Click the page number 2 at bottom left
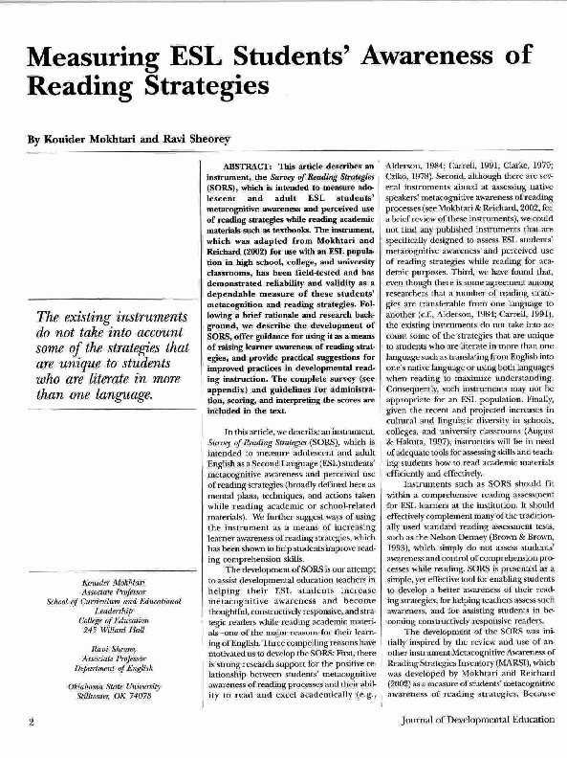31,748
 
